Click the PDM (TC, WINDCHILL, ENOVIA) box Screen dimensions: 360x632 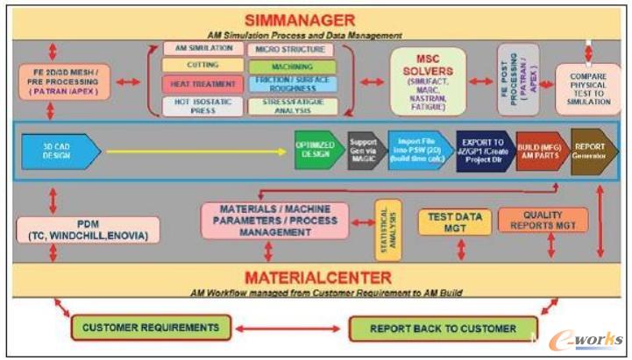88,230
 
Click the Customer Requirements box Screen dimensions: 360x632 150,328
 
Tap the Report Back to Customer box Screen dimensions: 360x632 443,328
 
